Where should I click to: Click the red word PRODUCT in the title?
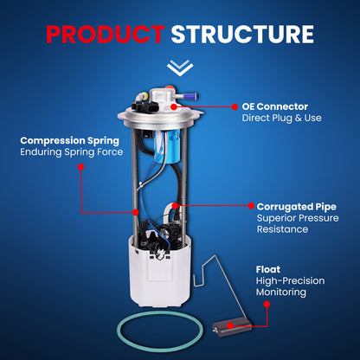(x=106, y=35)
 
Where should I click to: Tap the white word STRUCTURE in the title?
(x=242, y=35)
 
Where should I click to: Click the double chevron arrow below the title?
(x=180, y=67)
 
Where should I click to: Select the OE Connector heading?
(x=275, y=106)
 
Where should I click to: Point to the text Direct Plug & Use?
(x=281, y=118)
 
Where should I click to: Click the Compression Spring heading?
(x=69, y=141)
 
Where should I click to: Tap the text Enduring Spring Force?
(x=71, y=151)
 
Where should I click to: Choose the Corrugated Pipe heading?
(x=297, y=207)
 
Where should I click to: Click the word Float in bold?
(x=268, y=269)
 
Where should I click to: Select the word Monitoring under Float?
(x=281, y=292)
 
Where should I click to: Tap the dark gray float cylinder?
(x=232, y=326)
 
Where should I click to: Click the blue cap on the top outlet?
(x=191, y=96)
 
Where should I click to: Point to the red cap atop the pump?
(x=170, y=87)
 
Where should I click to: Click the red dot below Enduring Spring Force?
(x=81, y=167)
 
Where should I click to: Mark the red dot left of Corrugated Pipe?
(x=251, y=206)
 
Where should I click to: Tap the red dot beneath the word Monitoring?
(x=267, y=304)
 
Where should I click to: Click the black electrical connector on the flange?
(x=145, y=106)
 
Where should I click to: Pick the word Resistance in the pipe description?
(x=282, y=229)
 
